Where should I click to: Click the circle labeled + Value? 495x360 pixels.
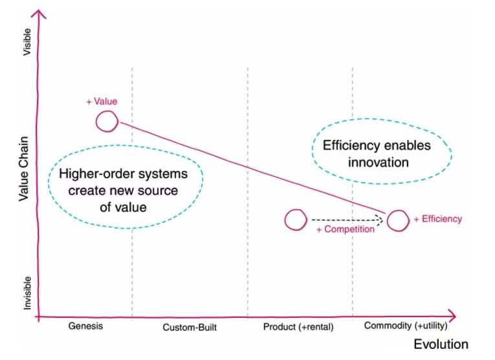tap(107, 121)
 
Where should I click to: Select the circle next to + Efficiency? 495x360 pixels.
tap(398, 221)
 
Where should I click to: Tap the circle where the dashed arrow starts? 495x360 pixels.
tap(295, 220)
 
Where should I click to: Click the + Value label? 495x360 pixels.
tap(102, 102)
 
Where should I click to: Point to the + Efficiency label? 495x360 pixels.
tap(438, 219)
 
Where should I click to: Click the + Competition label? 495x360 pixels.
tap(345, 229)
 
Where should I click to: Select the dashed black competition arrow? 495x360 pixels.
tap(343, 221)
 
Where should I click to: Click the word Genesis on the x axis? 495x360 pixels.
tap(85, 326)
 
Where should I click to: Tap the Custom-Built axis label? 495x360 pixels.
tap(189, 328)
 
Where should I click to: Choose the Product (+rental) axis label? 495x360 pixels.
tap(298, 326)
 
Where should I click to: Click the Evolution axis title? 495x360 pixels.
tap(441, 344)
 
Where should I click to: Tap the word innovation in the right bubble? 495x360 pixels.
tap(379, 162)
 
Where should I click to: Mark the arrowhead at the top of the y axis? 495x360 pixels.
tap(41, 14)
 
